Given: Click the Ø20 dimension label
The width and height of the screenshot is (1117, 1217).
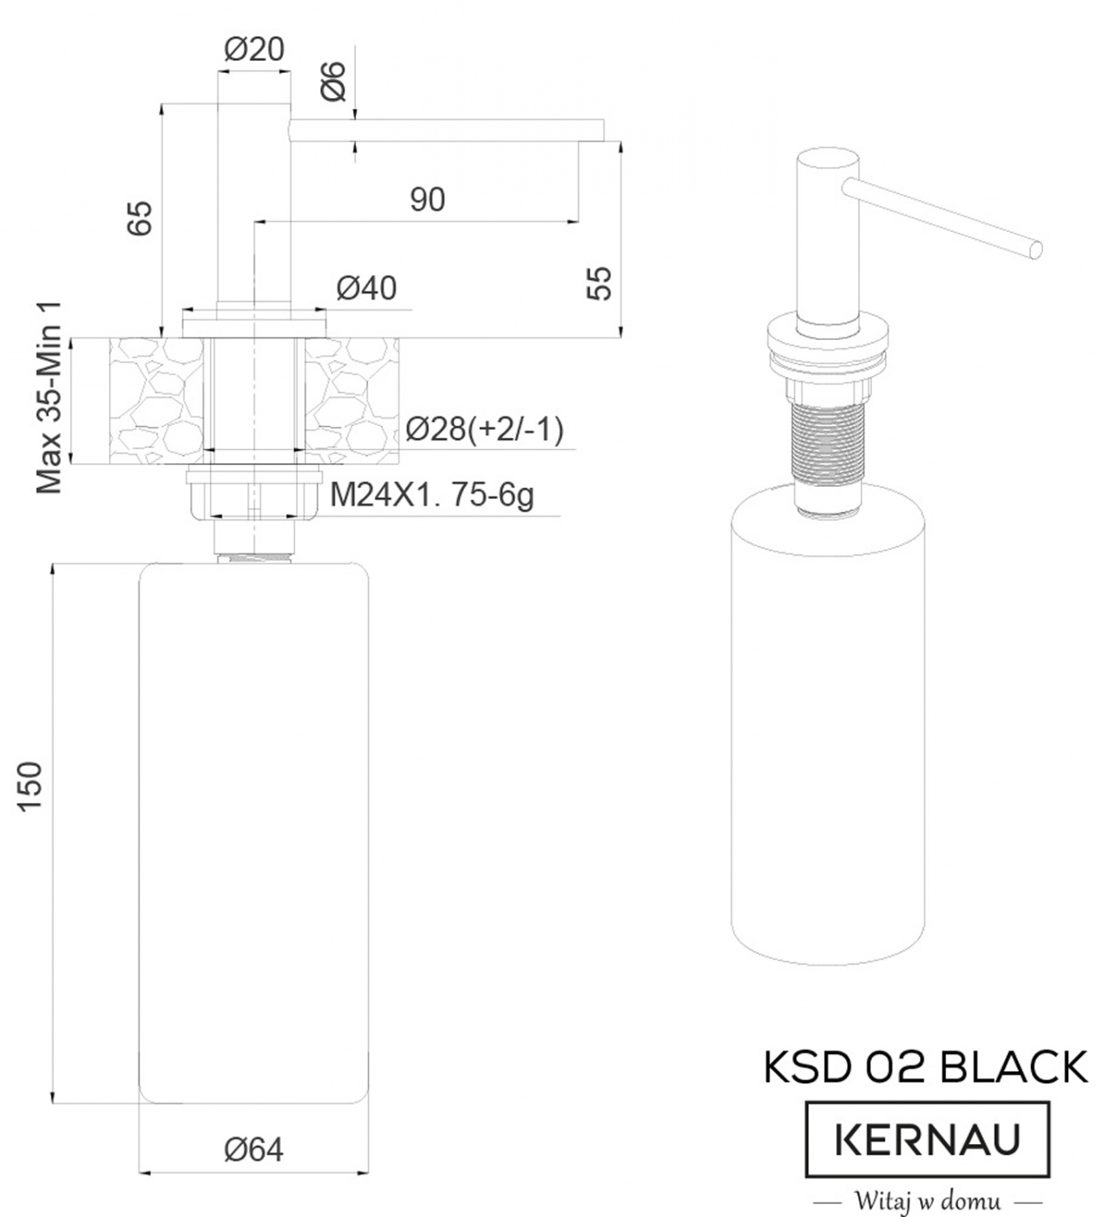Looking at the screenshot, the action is click(254, 49).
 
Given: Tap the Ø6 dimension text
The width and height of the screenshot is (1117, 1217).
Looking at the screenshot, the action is click(333, 80).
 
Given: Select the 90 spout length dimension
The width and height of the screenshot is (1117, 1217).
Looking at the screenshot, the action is click(427, 200).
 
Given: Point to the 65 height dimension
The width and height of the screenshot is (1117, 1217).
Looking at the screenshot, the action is click(140, 217).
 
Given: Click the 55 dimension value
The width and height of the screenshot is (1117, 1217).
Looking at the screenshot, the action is click(599, 282).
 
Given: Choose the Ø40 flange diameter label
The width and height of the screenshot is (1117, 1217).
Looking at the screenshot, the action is click(367, 288).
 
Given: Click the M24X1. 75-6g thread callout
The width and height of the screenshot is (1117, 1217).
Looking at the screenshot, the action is click(432, 495).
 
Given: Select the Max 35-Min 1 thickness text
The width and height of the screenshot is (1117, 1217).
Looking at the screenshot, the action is click(49, 398).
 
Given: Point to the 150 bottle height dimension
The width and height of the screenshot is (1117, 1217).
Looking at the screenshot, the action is click(30, 785).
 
